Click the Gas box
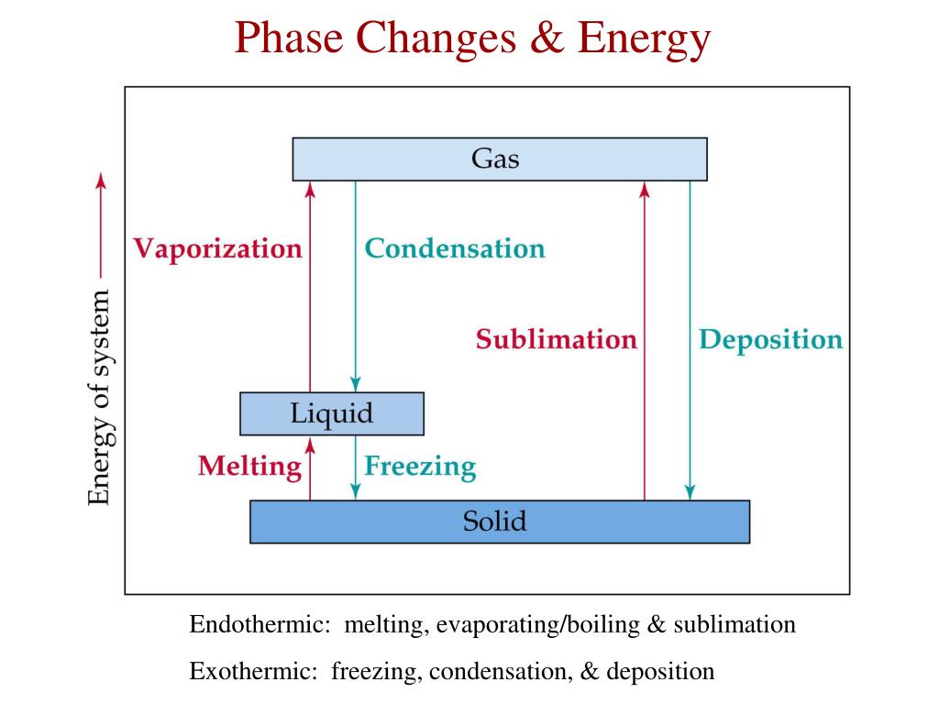499,159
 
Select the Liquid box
331,413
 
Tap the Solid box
499,522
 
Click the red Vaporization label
217,248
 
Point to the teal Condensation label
455,248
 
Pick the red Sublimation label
556,339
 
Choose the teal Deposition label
770,339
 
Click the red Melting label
249,467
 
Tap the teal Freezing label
420,467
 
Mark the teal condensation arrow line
356,312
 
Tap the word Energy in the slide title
646,38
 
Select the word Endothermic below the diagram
260,625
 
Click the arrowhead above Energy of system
101,179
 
